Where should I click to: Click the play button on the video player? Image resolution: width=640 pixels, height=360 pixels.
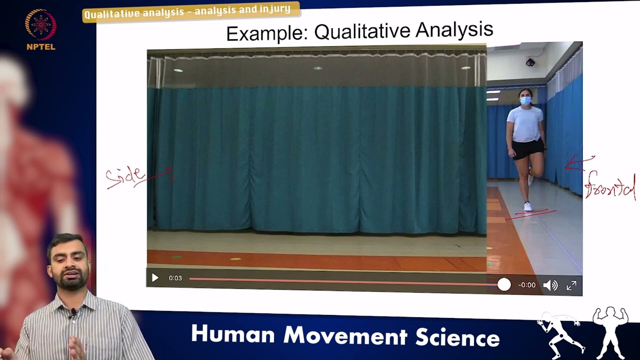[x=155, y=278]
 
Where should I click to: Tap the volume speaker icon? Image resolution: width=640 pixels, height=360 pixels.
[x=550, y=285]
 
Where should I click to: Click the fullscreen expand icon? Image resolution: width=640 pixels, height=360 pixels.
[x=571, y=285]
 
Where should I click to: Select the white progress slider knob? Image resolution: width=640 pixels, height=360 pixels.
[x=504, y=284]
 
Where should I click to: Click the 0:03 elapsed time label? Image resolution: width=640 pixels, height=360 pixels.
[x=175, y=278]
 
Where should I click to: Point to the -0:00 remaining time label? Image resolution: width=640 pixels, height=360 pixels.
[x=526, y=285]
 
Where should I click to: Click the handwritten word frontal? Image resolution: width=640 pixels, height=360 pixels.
[x=610, y=188]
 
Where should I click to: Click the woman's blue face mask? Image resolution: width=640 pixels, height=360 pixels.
[x=525, y=100]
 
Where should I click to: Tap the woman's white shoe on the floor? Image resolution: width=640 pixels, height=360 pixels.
[x=527, y=206]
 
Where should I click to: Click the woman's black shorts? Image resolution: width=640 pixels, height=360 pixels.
[x=527, y=148]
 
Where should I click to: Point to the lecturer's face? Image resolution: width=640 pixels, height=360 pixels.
[x=68, y=263]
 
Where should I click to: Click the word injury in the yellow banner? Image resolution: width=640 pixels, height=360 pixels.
[x=274, y=9]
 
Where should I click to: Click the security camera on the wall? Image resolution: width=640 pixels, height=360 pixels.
[x=530, y=62]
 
